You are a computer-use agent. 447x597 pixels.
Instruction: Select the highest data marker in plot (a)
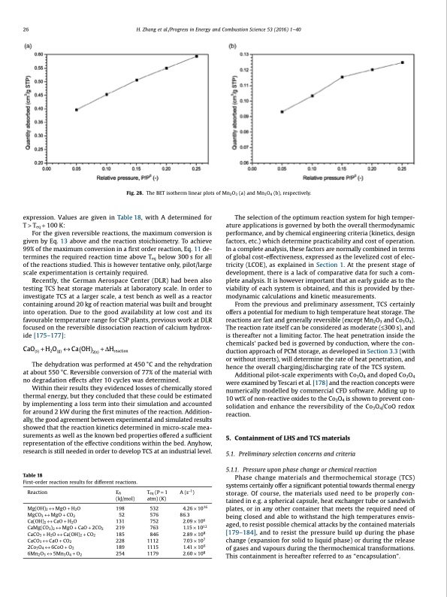(197, 56)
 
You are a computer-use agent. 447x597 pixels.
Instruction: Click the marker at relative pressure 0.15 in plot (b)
(343, 77)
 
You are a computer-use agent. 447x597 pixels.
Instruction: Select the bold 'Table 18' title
(32, 474)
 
